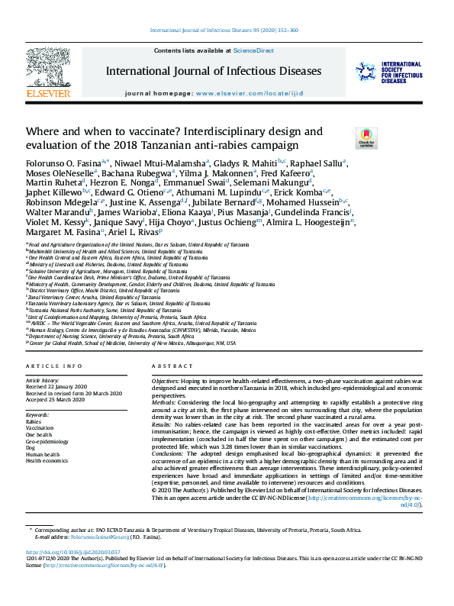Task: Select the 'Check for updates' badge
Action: tap(345, 138)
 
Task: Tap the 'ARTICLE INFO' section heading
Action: tap(53, 366)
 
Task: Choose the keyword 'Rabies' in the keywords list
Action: tap(34, 421)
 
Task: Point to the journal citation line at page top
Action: tap(226, 31)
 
